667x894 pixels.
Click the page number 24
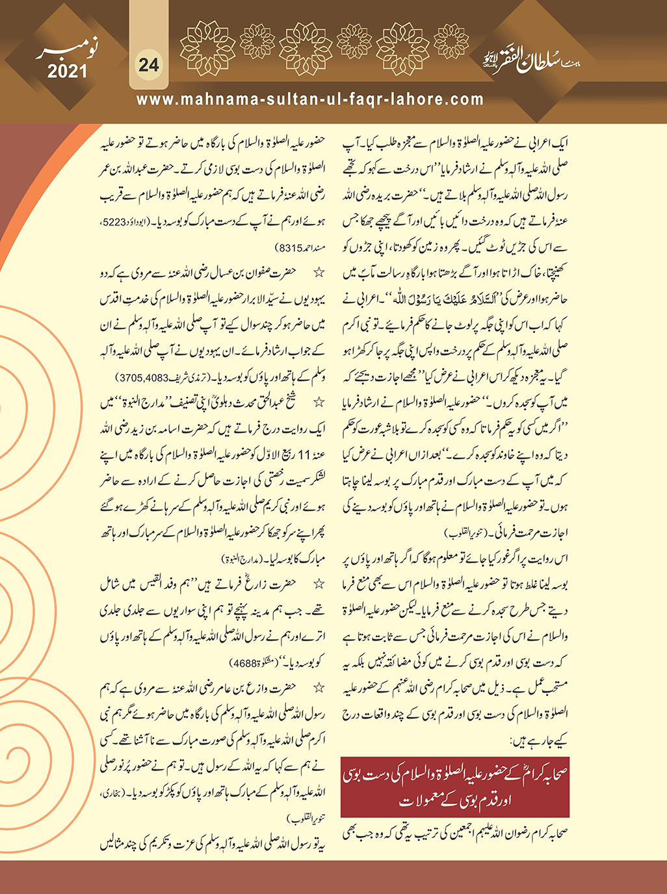149,64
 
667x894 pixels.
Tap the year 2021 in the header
67,70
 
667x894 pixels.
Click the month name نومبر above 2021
65,48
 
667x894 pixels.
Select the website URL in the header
310,99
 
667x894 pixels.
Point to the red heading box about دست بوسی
454,787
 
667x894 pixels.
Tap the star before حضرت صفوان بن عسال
319,274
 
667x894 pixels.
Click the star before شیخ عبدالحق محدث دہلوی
319,403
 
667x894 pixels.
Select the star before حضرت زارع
319,585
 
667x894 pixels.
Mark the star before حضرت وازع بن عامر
319,688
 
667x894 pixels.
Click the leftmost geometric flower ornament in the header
207,48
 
